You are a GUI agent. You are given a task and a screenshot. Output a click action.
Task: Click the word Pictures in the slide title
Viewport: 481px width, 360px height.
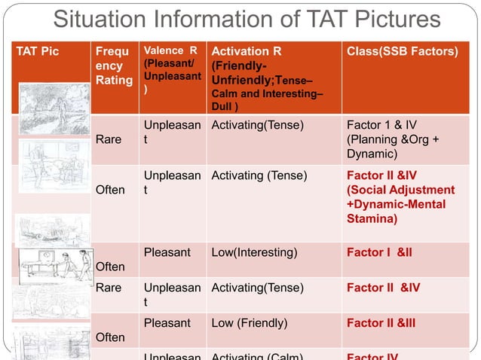[391, 19]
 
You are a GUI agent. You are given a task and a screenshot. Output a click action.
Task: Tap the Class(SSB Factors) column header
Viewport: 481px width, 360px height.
[402, 52]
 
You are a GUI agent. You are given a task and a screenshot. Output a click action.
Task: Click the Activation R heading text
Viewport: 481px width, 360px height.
[247, 52]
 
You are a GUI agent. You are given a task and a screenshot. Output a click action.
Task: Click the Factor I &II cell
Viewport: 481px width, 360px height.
[379, 252]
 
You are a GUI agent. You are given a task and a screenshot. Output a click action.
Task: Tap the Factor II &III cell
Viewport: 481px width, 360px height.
[381, 323]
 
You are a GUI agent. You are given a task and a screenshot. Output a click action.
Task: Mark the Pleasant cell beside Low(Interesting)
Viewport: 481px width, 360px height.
[165, 252]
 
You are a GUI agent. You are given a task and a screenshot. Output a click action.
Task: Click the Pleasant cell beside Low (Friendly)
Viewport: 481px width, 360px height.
[165, 323]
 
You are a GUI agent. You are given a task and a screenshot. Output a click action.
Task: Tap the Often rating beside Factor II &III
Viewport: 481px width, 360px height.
[110, 337]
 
